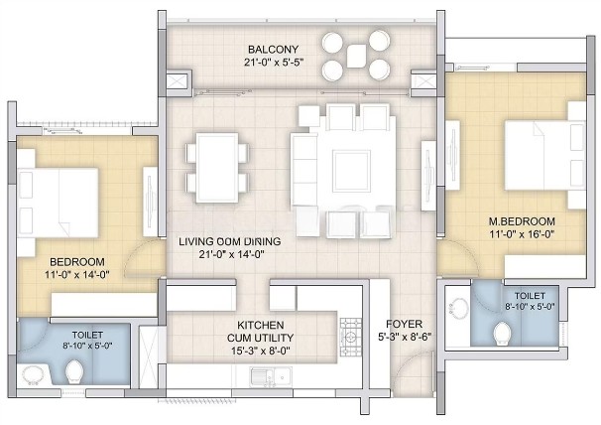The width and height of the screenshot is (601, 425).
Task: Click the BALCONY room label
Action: click(x=273, y=50)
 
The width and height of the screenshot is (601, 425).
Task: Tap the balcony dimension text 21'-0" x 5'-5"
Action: click(x=274, y=63)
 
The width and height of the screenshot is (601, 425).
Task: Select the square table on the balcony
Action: click(x=356, y=56)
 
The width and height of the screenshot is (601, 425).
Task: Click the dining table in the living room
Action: click(x=217, y=168)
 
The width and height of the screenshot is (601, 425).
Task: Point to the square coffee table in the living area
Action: click(x=351, y=171)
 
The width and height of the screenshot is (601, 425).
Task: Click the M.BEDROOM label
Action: click(x=522, y=221)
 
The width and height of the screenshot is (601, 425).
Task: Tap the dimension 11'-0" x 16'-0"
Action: click(x=522, y=233)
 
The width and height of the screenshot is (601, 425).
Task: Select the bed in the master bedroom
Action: click(x=544, y=155)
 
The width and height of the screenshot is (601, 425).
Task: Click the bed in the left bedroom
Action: click(x=58, y=203)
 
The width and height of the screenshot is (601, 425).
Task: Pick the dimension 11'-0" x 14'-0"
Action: click(x=77, y=274)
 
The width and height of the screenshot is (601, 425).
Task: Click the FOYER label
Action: click(x=404, y=324)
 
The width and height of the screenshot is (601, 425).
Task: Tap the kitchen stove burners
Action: click(x=351, y=337)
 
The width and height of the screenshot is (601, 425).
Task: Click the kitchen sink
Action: click(x=271, y=377)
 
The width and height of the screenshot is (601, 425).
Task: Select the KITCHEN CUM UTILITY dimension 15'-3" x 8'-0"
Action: click(x=260, y=351)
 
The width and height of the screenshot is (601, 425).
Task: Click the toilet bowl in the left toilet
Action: click(x=74, y=371)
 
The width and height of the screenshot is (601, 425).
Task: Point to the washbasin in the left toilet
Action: click(x=35, y=375)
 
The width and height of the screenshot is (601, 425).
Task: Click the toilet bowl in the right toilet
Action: click(x=503, y=334)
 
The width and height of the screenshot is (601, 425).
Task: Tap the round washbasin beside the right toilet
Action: click(x=457, y=308)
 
